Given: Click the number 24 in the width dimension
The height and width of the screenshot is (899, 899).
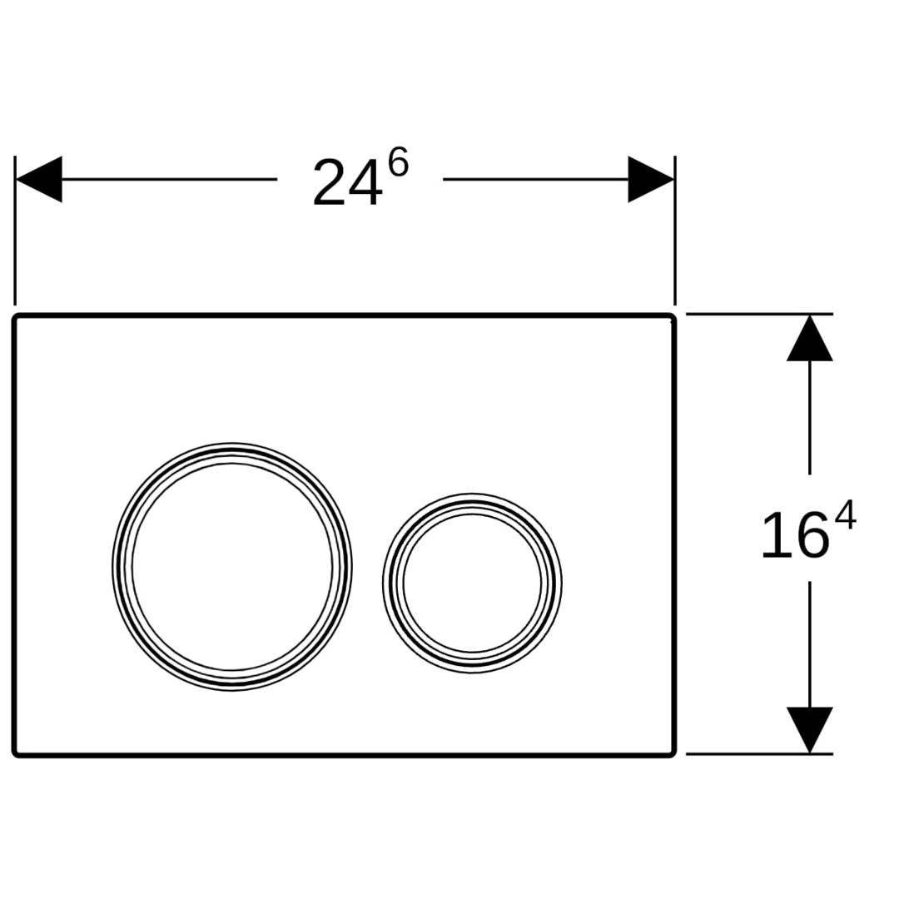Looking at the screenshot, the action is (347, 183).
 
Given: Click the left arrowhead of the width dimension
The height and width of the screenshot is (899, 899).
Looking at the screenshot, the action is (39, 179).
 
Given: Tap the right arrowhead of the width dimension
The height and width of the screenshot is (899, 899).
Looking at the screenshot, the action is (651, 179).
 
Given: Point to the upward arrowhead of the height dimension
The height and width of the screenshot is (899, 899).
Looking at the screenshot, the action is (810, 338).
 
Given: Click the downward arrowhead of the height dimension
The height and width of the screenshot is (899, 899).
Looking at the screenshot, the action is (810, 730).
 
